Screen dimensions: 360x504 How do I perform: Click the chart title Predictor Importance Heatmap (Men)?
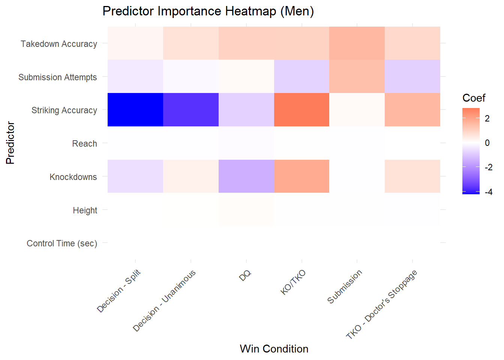pos(208,11)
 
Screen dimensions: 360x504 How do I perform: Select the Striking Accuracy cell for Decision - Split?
pos(135,109)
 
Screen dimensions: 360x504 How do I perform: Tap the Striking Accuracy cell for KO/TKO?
pos(301,109)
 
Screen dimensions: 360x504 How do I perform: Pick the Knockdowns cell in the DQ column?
pos(246,176)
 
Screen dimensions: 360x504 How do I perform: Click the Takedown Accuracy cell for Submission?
pos(357,43)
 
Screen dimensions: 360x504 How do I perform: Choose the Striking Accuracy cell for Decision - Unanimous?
pos(191,109)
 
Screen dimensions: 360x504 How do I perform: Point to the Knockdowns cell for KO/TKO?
pos(301,176)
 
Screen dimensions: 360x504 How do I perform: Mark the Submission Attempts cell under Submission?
pos(357,76)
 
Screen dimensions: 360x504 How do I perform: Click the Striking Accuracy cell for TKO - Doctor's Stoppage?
pos(412,109)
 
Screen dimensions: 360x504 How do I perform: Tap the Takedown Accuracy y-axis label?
pos(59,44)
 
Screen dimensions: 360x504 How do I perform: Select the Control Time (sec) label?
pos(62,243)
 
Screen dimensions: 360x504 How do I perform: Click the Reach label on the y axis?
pos(84,144)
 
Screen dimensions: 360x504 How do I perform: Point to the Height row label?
pos(85,210)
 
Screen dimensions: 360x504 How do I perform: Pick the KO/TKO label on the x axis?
pos(293,282)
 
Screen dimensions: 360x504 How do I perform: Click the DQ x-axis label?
pos(245,276)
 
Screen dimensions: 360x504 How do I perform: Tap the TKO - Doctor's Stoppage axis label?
pos(382,304)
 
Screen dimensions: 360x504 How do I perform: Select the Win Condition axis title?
pos(274,349)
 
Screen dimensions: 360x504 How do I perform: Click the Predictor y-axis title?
pos(10,143)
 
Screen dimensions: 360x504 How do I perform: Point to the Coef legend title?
pos(474,98)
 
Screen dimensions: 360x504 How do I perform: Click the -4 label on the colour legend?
pos(488,192)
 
